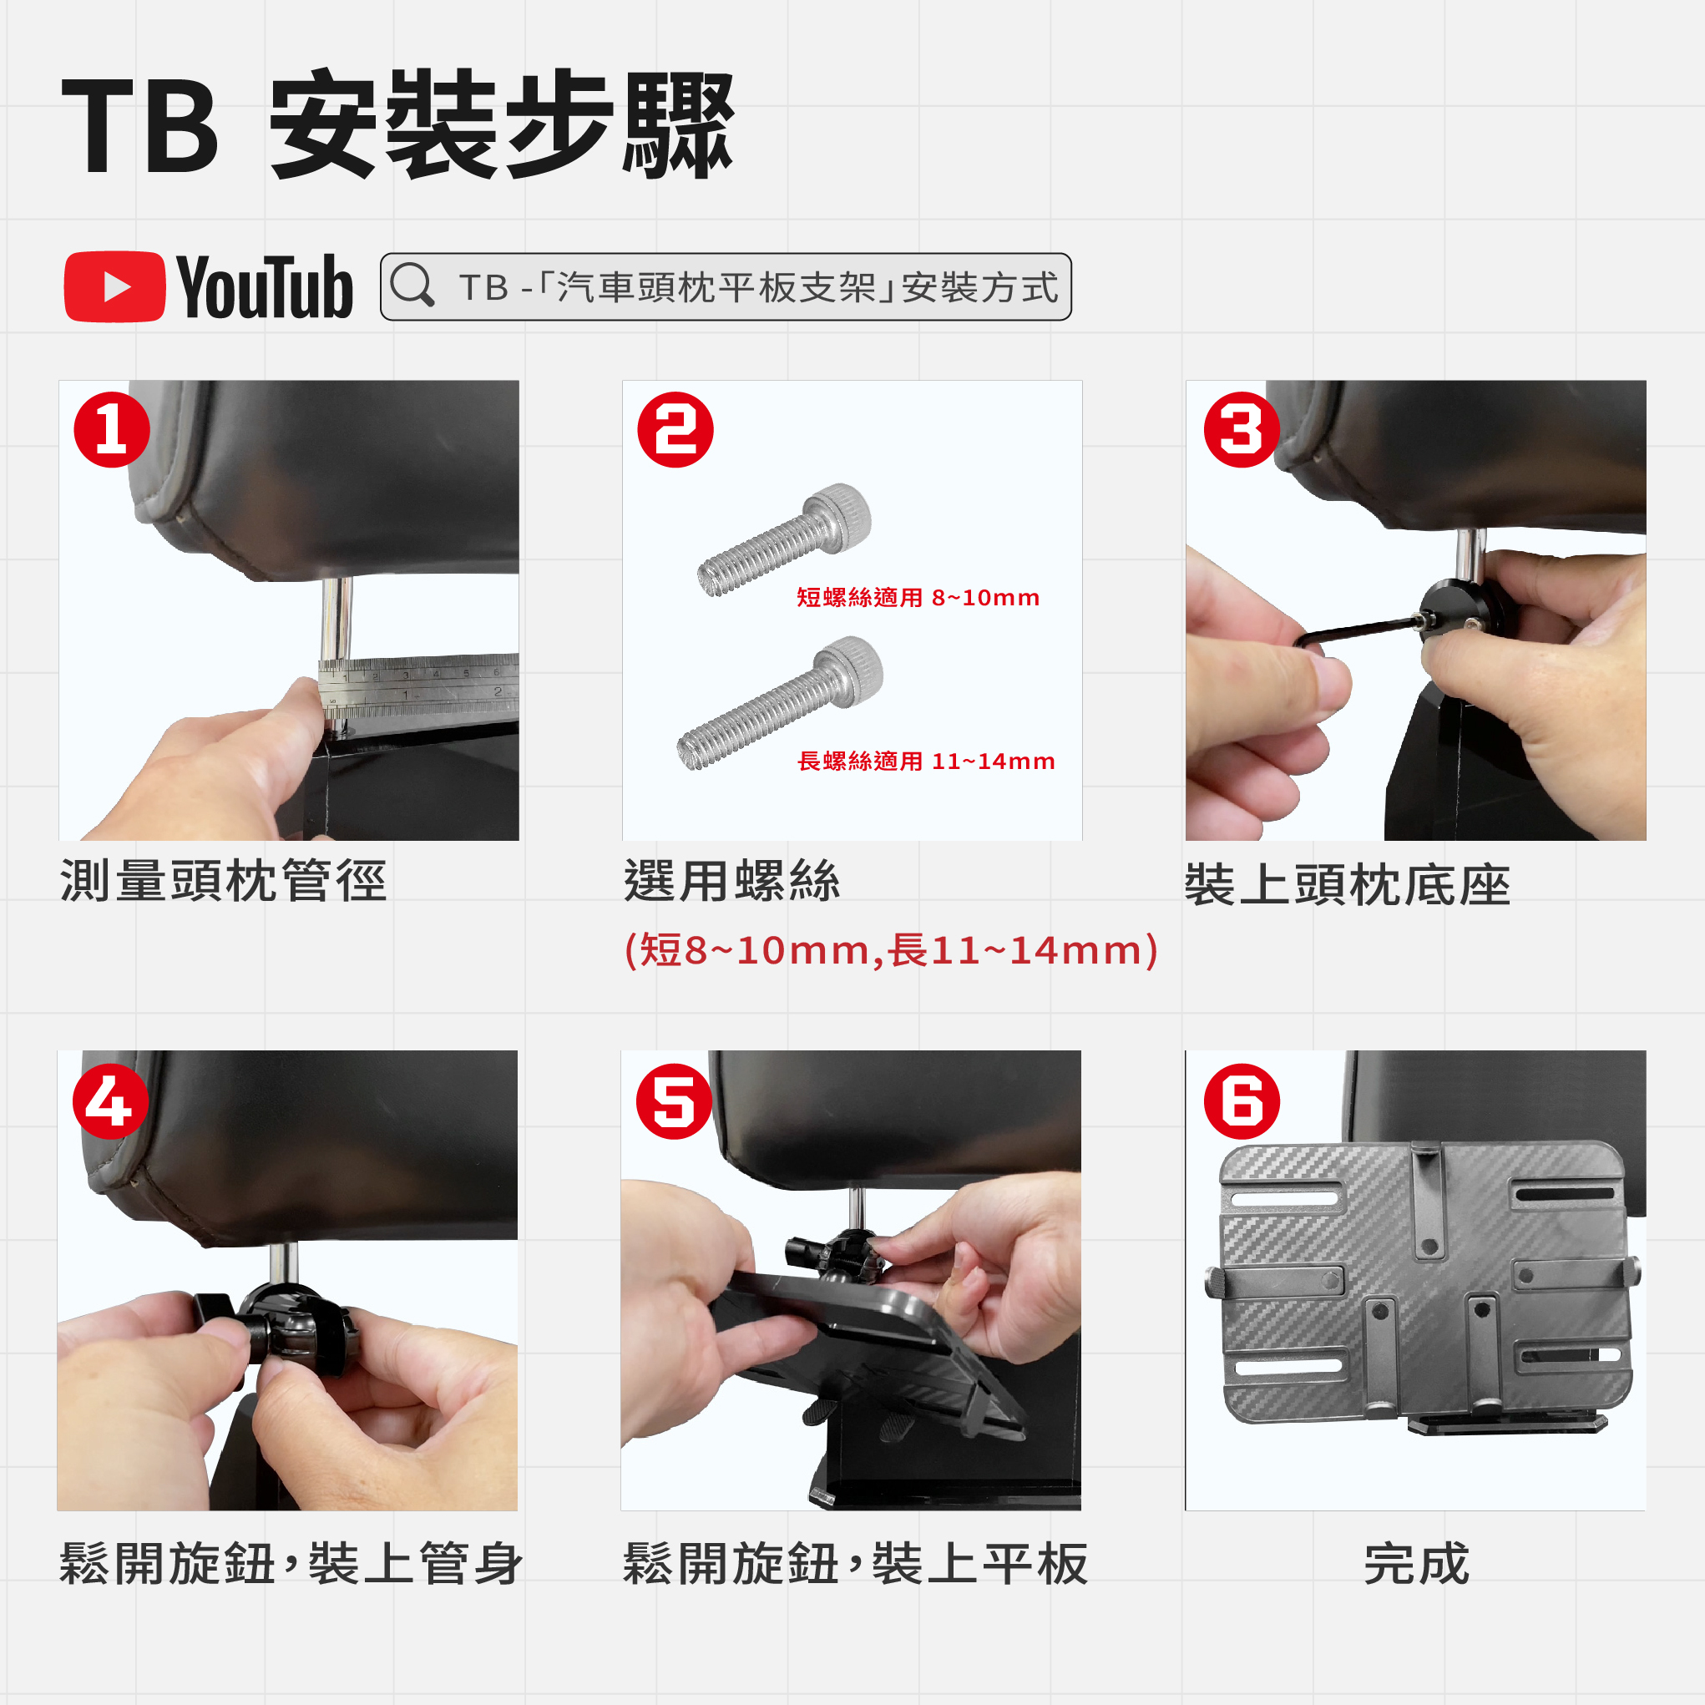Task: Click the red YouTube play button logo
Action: [x=114, y=287]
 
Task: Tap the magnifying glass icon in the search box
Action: [x=412, y=285]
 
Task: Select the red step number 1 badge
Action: [x=112, y=430]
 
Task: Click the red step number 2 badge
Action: [x=675, y=430]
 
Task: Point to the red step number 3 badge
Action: [x=1241, y=430]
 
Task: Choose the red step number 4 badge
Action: [x=110, y=1101]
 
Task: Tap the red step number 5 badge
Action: [x=674, y=1101]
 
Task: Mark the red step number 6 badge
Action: [x=1242, y=1101]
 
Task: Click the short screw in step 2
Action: [x=785, y=539]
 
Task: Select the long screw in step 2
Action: [x=780, y=703]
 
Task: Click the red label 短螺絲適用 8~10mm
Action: [x=918, y=598]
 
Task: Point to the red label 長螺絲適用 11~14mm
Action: [x=926, y=761]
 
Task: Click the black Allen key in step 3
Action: [x=1359, y=630]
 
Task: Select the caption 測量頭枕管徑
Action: [x=223, y=881]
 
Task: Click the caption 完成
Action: [x=1416, y=1564]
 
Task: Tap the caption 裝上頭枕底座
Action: [x=1348, y=885]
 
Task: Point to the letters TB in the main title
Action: [x=139, y=125]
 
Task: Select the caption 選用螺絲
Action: [x=731, y=881]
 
